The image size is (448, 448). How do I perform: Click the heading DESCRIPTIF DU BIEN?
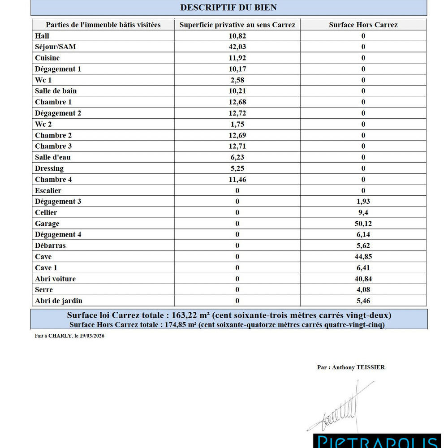pyautogui.click(x=228, y=7)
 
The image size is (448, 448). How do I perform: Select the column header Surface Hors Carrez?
pyautogui.click(x=363, y=25)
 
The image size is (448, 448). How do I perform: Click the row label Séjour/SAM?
pyautogui.click(x=56, y=47)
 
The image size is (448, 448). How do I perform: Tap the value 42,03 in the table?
pyautogui.click(x=237, y=47)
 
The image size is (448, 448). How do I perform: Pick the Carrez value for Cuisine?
pyautogui.click(x=237, y=58)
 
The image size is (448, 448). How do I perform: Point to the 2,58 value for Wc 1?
pyautogui.click(x=237, y=80)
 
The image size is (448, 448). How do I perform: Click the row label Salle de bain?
pyautogui.click(x=56, y=91)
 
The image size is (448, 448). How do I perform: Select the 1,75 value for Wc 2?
pyautogui.click(x=237, y=124)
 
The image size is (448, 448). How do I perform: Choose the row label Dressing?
pyautogui.click(x=49, y=168)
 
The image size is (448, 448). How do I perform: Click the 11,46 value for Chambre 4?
pyautogui.click(x=237, y=180)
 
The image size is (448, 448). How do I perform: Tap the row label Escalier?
pyautogui.click(x=48, y=190)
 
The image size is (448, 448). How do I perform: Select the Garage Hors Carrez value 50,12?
pyautogui.click(x=363, y=224)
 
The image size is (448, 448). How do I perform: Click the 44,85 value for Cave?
pyautogui.click(x=363, y=257)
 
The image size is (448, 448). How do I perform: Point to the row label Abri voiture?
pyautogui.click(x=56, y=279)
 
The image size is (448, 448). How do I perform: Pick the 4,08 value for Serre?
pyautogui.click(x=363, y=290)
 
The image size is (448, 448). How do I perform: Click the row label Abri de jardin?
pyautogui.click(x=59, y=301)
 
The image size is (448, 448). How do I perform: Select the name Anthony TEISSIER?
pyautogui.click(x=358, y=367)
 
